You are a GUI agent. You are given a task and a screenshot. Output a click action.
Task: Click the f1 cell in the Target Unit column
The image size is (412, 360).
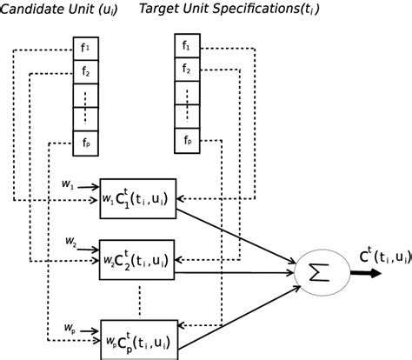[x=184, y=44]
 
